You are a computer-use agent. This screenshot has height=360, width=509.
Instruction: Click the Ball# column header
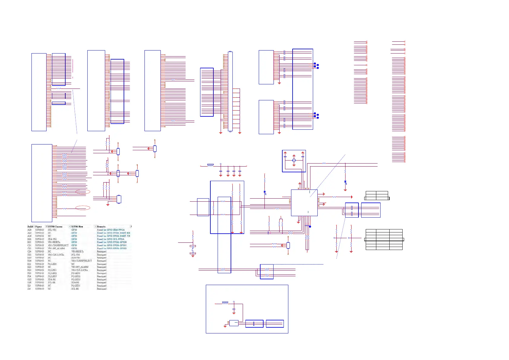(x=30, y=226)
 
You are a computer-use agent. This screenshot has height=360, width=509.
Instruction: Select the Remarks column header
(x=101, y=226)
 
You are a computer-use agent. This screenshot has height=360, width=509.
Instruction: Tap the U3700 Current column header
(x=55, y=226)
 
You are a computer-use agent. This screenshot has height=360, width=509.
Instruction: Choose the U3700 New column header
(x=77, y=226)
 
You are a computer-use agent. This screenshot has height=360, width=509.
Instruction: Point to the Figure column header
(x=39, y=226)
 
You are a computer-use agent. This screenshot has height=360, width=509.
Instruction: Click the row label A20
(x=29, y=230)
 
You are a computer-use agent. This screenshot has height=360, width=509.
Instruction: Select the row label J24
(x=29, y=289)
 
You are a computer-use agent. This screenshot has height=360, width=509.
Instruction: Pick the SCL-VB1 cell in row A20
(x=52, y=230)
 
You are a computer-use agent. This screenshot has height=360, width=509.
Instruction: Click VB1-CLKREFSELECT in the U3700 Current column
(x=58, y=245)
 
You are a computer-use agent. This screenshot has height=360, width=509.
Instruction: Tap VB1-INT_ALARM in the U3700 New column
(x=80, y=267)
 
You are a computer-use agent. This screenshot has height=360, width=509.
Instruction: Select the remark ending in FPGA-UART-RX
(x=113, y=233)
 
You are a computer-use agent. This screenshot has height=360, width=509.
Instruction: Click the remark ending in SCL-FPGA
(x=111, y=239)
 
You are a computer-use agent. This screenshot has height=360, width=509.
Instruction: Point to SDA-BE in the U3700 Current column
(x=52, y=279)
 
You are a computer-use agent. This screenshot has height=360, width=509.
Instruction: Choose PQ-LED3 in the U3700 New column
(x=76, y=279)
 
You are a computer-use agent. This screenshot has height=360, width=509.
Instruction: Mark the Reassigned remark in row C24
(x=102, y=251)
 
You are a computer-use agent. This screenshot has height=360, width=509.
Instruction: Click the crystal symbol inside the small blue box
(x=294, y=161)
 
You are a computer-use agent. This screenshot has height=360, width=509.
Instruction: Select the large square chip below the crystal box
(x=304, y=203)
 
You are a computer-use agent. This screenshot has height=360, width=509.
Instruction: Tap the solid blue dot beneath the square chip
(x=310, y=226)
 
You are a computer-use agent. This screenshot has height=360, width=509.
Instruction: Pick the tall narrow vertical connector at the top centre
(x=230, y=91)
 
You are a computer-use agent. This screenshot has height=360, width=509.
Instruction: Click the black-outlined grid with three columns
(x=384, y=239)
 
